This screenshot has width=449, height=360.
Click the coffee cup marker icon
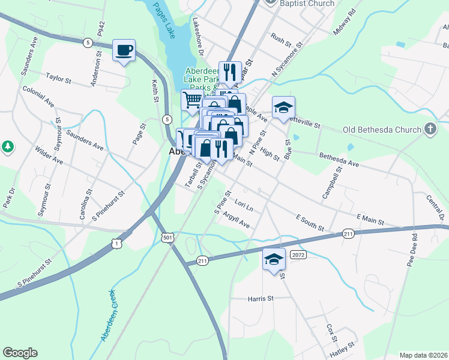(124, 51)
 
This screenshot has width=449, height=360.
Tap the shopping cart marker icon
(192, 100)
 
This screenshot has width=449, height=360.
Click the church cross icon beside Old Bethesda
(430, 129)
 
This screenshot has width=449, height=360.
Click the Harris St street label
(261, 298)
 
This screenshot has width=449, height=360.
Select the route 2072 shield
(298, 255)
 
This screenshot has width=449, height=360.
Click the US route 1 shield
(116, 243)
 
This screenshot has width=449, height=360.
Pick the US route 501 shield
(169, 238)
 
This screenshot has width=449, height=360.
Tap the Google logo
(20, 353)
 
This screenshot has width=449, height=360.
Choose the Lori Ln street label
(244, 206)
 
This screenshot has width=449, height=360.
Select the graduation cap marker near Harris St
(274, 260)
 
